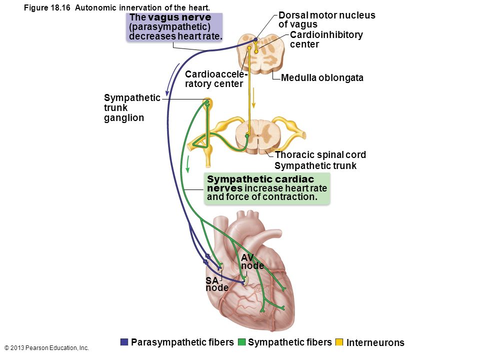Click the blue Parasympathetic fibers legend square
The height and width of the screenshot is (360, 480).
(124, 342)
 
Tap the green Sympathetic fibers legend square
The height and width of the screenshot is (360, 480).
(241, 342)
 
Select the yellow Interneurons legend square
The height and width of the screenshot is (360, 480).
(339, 342)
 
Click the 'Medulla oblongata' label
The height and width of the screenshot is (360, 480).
(322, 78)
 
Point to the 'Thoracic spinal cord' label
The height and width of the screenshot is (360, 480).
(320, 154)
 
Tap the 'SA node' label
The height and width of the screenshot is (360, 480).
(216, 284)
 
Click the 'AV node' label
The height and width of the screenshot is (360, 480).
(252, 261)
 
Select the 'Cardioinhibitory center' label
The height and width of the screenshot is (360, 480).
(326, 39)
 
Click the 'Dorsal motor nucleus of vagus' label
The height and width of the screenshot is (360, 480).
(326, 19)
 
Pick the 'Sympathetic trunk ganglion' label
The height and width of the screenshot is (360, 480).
(132, 108)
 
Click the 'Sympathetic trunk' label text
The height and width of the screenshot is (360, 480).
(315, 165)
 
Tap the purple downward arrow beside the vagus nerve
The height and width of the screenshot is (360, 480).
(172, 79)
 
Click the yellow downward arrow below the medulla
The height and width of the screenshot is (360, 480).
(253, 97)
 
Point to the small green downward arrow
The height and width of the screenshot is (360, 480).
(188, 164)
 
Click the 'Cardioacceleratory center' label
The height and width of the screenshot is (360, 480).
(216, 79)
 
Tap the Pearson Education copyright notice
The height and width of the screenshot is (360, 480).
(47, 348)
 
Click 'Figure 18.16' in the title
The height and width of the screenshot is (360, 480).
(47, 7)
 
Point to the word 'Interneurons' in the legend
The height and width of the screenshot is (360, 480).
(375, 342)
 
